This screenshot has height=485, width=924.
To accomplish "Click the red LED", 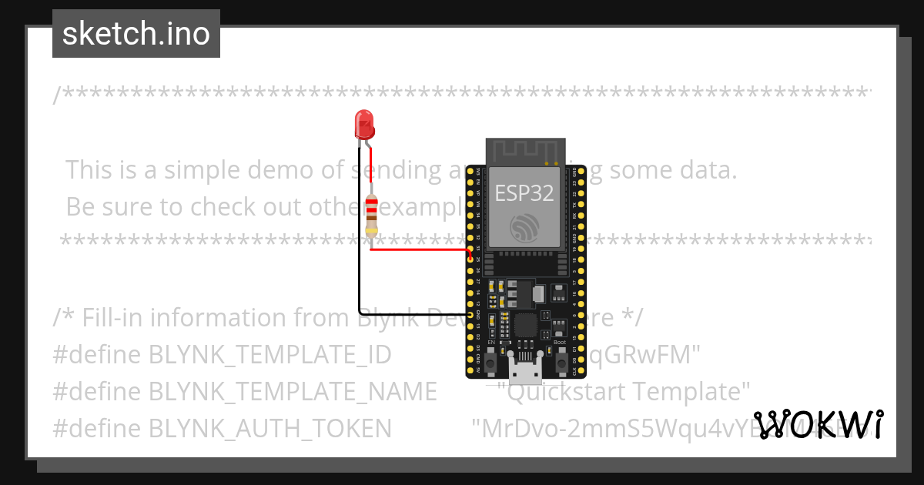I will (363, 125).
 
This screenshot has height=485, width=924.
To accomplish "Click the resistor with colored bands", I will (372, 215).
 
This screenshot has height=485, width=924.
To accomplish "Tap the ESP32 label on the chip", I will (524, 192).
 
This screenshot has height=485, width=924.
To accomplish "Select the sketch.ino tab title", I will (136, 34).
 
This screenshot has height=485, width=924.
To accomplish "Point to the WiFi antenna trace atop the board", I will (524, 150).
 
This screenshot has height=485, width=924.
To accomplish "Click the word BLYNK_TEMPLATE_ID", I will (269, 355).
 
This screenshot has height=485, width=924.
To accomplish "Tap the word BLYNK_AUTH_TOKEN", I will (269, 428).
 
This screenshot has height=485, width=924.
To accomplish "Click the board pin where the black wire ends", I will (470, 315).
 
